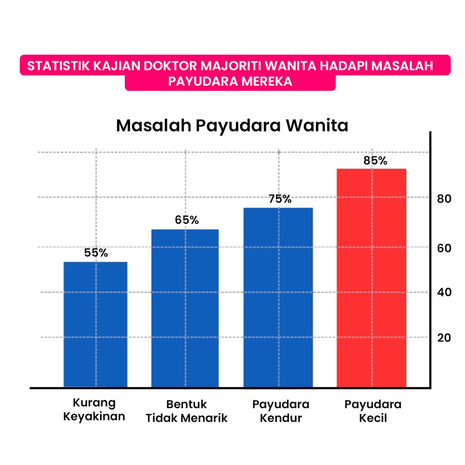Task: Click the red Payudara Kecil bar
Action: [x=371, y=278]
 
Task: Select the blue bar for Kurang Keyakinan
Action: [x=95, y=324]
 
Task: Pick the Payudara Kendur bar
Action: [x=278, y=297]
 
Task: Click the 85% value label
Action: [x=375, y=161]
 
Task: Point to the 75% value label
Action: [x=280, y=199]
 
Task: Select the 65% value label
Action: [x=187, y=220]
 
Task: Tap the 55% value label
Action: [x=96, y=253]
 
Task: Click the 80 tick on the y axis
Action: [x=444, y=199]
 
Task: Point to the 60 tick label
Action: [x=444, y=248]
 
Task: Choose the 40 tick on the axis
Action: [x=444, y=292]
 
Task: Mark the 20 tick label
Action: [x=444, y=338]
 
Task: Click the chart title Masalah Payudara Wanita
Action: [x=232, y=126]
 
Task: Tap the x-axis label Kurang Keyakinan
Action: [x=94, y=410]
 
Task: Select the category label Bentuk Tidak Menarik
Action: [x=186, y=411]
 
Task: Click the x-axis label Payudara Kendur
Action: [x=281, y=411]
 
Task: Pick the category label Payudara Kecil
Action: [x=373, y=411]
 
